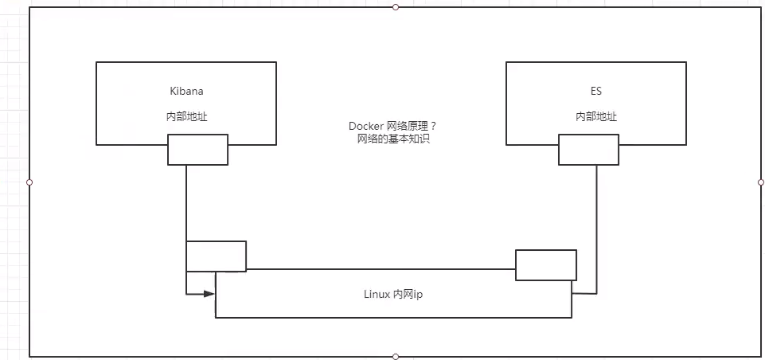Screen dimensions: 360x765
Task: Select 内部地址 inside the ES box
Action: [x=596, y=116]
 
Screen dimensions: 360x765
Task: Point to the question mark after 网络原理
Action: [x=433, y=126]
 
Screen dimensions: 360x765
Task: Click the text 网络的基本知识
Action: [x=392, y=139]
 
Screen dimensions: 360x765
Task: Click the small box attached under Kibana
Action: [x=197, y=149]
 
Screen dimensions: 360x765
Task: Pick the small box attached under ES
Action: [x=588, y=149]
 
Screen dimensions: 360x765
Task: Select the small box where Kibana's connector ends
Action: [x=216, y=256]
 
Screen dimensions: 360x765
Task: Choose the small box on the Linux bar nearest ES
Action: [x=545, y=264]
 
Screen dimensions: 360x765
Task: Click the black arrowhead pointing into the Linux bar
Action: [x=209, y=294]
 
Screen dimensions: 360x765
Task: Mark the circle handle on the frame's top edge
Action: [x=396, y=7]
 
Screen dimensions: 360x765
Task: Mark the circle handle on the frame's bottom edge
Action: [x=396, y=356]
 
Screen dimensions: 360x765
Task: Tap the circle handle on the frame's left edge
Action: [x=29, y=182]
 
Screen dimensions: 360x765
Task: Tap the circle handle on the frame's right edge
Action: [x=761, y=182]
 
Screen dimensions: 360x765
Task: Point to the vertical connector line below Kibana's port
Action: [x=186, y=203]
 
